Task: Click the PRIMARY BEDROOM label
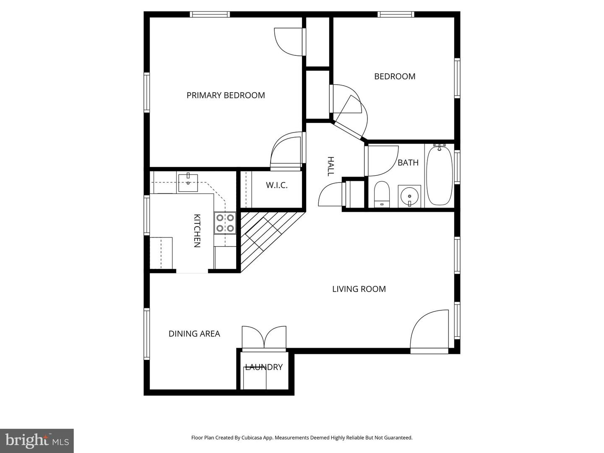(226, 95)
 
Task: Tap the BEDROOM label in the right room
(395, 76)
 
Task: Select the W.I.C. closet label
(276, 185)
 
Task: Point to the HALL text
(331, 166)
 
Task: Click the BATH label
(408, 163)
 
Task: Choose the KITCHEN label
(197, 231)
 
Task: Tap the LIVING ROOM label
(359, 289)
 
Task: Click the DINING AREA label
(194, 334)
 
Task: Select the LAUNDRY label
(264, 367)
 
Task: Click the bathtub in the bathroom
(439, 175)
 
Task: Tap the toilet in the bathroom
(382, 194)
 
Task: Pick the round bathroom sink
(409, 196)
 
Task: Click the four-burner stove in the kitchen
(225, 223)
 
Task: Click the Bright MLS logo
(37, 440)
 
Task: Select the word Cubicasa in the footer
(252, 437)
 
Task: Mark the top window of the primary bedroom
(210, 14)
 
